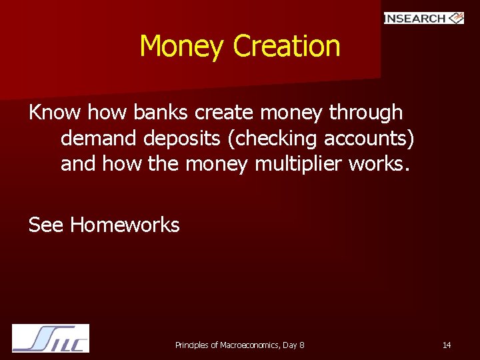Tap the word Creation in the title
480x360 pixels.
point(287,47)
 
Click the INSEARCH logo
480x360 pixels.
point(423,18)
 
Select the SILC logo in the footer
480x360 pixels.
point(51,338)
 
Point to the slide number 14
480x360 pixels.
point(447,345)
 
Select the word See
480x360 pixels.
point(46,225)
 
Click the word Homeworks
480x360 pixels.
point(125,225)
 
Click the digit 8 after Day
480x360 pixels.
point(302,345)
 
